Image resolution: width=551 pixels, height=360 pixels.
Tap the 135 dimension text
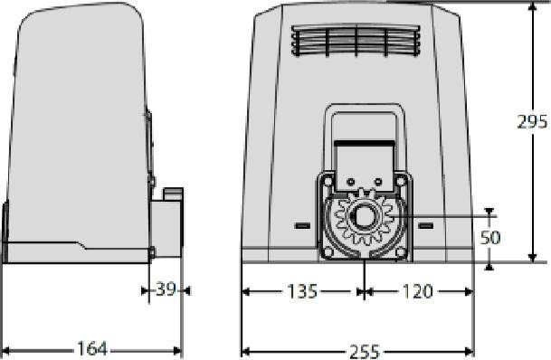302,291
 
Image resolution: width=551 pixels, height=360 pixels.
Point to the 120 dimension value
417,291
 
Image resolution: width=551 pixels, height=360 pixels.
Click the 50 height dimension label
489,237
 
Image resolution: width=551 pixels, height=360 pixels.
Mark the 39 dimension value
166,290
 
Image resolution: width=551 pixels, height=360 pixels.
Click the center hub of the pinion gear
365,218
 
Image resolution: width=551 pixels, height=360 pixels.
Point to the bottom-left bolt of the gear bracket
327,251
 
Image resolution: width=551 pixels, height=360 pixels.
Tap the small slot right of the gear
425,224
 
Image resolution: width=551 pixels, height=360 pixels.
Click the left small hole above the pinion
352,181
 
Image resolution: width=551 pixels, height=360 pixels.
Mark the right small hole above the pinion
377,181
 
